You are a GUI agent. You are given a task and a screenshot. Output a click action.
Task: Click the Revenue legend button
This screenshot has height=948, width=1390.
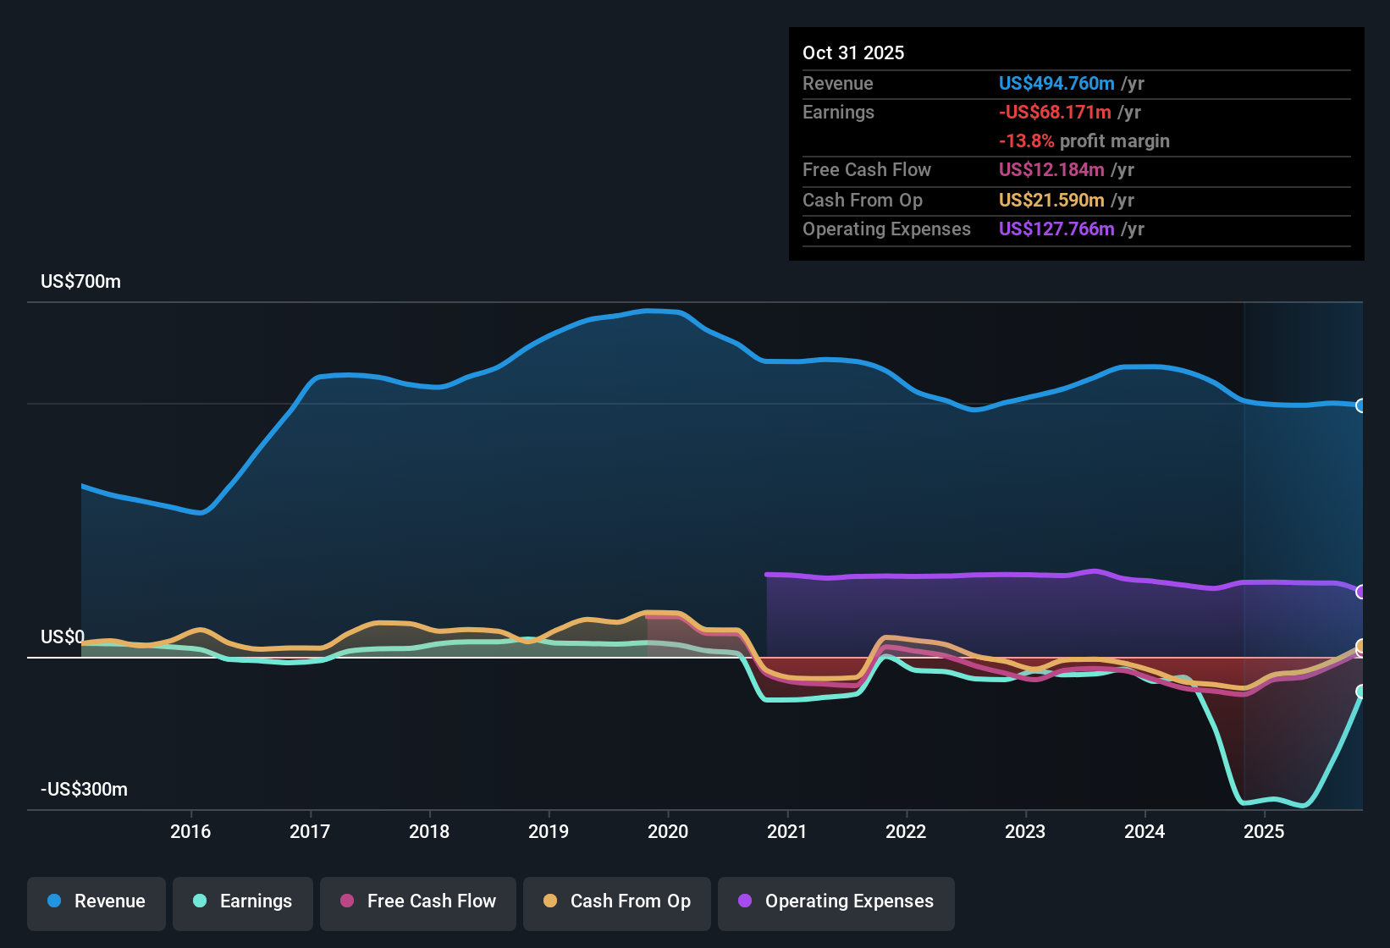(97, 901)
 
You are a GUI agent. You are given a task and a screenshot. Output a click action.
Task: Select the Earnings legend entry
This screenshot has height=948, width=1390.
(242, 901)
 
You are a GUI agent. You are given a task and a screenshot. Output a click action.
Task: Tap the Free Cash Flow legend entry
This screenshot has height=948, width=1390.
(418, 901)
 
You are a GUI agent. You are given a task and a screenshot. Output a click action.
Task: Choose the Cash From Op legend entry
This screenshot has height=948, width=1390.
(617, 901)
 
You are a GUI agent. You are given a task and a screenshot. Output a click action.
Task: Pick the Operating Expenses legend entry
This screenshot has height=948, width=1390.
(836, 901)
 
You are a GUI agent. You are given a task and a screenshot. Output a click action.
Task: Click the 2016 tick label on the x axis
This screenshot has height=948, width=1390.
(190, 831)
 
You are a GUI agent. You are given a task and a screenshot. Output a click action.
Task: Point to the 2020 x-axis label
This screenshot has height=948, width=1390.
(668, 831)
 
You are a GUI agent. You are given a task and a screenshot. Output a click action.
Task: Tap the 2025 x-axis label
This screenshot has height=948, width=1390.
(1264, 831)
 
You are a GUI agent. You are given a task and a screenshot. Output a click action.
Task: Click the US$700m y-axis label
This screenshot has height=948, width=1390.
(80, 282)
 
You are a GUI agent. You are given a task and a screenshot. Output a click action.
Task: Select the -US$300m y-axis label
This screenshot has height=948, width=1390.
(84, 790)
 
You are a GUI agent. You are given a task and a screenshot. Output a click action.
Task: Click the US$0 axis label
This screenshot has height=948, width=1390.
(63, 637)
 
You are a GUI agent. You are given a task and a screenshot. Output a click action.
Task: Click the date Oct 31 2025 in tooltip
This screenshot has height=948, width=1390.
(853, 52)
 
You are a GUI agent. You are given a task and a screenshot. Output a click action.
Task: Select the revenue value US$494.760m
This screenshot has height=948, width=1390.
(1056, 83)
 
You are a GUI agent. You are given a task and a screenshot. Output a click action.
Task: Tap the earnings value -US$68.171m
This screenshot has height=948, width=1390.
(1055, 113)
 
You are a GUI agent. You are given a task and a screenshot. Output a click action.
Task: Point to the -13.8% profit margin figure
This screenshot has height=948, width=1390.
(1026, 141)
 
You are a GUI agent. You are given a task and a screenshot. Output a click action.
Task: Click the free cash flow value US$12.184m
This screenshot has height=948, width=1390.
(1051, 170)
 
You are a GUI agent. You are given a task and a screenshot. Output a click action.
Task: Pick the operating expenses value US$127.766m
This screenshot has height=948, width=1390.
(1056, 229)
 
